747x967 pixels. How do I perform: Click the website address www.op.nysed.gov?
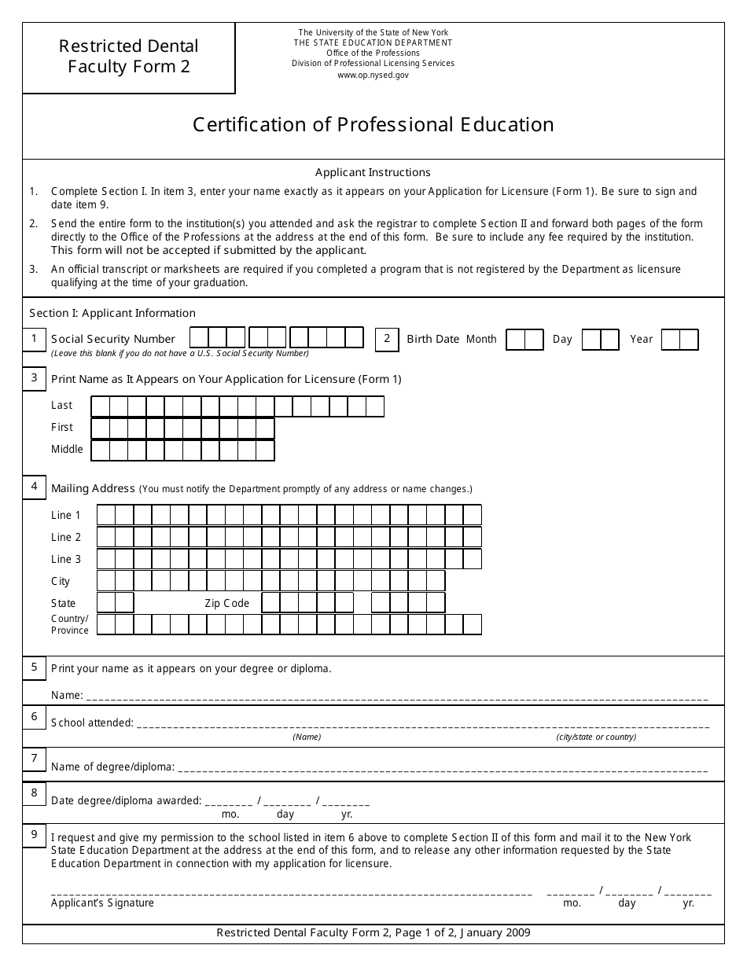pos(373,75)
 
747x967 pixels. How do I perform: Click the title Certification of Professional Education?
pos(373,125)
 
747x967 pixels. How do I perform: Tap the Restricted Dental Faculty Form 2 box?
pos(129,57)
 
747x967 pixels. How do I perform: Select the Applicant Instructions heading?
pos(373,172)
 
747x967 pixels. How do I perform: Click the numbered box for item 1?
pos(34,340)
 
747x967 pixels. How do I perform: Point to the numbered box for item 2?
pos(387,339)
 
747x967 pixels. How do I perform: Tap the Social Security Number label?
pos(113,339)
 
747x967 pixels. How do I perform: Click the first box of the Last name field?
pos(101,406)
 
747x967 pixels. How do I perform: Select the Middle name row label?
pos(67,450)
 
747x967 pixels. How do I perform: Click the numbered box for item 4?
pos(34,487)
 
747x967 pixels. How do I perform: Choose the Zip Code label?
pos(227,603)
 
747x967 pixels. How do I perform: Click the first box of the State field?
pos(106,603)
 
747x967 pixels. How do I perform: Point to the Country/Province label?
pos(70,624)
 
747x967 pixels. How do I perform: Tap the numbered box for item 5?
pos(34,667)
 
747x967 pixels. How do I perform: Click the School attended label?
pos(92,722)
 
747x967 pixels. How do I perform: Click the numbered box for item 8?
pos(34,793)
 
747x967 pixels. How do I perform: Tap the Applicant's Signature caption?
pos(103,903)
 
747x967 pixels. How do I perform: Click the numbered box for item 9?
pos(34,835)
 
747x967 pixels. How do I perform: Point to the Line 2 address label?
pos(66,538)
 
